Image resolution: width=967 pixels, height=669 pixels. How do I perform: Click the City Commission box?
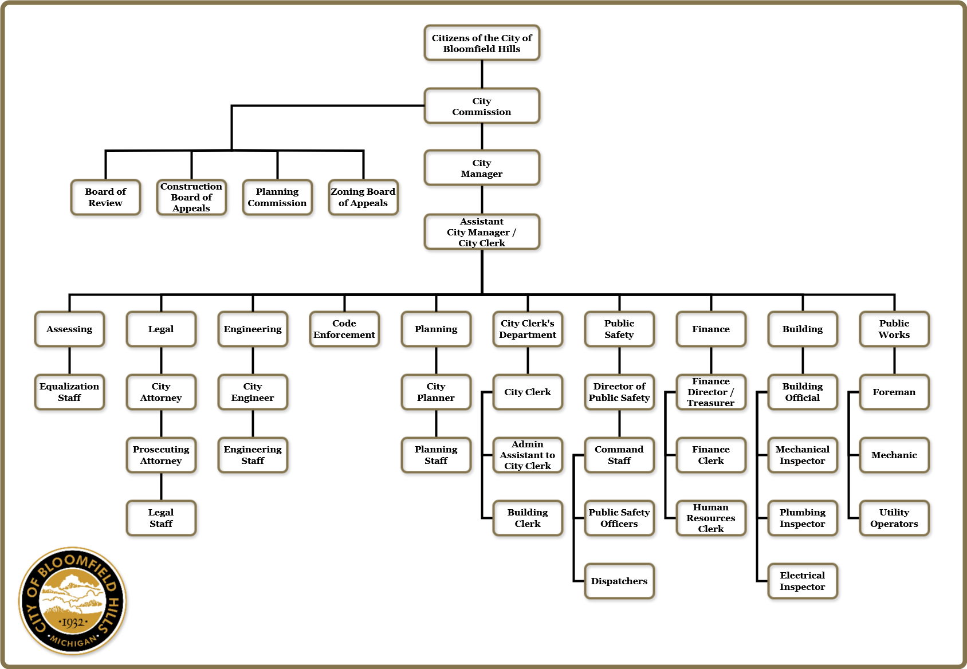(482, 106)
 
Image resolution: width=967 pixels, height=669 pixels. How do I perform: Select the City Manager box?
(482, 168)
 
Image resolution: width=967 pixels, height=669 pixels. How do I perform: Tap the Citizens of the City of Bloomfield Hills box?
(482, 43)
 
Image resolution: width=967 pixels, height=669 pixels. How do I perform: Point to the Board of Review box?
(105, 198)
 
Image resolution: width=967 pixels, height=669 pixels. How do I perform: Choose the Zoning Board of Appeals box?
(363, 198)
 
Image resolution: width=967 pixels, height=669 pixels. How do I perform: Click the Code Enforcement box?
(344, 329)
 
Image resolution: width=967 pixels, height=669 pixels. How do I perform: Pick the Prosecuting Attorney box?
(161, 455)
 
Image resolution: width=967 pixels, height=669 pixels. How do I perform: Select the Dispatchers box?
(619, 581)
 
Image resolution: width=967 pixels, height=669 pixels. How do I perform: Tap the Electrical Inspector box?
(803, 581)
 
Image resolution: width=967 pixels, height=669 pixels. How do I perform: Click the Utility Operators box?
(894, 518)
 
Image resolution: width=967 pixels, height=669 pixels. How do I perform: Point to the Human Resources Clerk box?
(711, 518)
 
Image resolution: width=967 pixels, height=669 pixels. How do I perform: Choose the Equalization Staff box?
(69, 392)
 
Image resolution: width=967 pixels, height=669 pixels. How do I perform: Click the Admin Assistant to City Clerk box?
(528, 455)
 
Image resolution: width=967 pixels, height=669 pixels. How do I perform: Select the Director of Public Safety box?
(619, 392)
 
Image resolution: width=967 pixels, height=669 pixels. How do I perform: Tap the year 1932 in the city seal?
(73, 623)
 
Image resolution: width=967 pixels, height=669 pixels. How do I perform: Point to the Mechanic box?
(894, 455)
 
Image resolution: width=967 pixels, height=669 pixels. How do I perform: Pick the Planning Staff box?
(436, 455)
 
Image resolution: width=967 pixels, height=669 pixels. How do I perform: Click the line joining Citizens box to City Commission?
(482, 74)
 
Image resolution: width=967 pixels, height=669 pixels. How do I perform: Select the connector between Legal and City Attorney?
(161, 361)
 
